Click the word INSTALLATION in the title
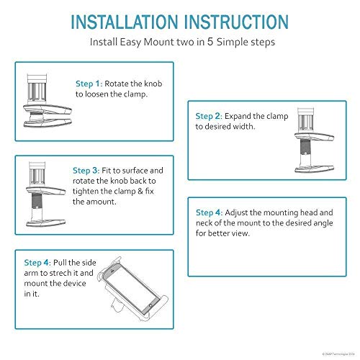(125, 22)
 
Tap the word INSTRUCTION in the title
(236, 22)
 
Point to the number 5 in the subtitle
(210, 42)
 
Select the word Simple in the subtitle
(232, 42)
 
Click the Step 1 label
(89, 84)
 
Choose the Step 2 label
(209, 116)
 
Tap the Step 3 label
(86, 171)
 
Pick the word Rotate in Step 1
(117, 84)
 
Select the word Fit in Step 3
(106, 171)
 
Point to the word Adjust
(236, 213)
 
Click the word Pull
(60, 263)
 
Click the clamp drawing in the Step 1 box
(48, 101)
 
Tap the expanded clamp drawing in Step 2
(315, 140)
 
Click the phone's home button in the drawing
(150, 305)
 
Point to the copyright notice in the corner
(338, 354)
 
